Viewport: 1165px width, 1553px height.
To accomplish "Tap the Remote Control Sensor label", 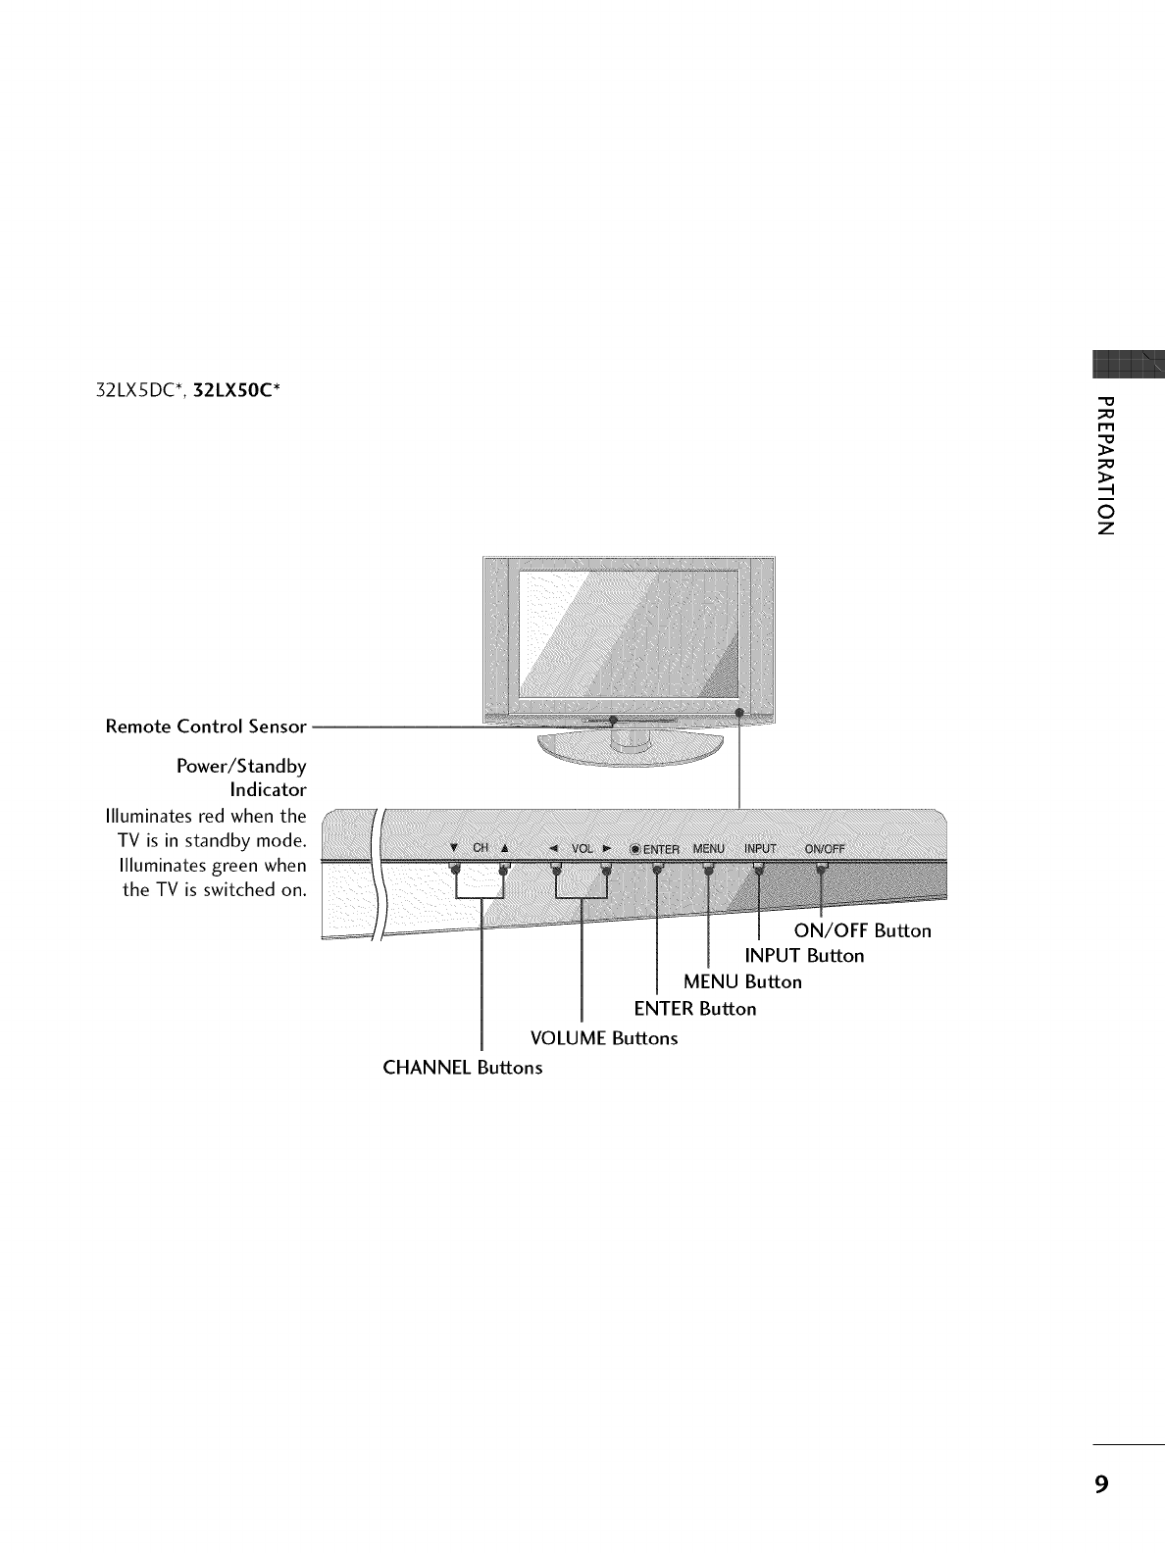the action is click(x=206, y=727).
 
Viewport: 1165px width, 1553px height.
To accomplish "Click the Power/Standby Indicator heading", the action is click(x=241, y=777).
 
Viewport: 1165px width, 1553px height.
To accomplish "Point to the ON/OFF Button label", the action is click(x=862, y=930).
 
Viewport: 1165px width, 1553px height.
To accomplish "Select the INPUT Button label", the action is click(x=804, y=956).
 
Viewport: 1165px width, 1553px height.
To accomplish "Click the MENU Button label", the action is click(x=742, y=982).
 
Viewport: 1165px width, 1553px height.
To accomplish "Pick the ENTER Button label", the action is click(x=695, y=1009).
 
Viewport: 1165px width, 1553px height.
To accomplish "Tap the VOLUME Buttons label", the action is click(x=603, y=1038).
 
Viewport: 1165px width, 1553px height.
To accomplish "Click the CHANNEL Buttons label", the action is click(x=462, y=1068).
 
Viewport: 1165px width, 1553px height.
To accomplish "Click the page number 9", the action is click(x=1102, y=1483).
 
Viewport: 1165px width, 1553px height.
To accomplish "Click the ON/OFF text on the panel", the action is click(x=824, y=849).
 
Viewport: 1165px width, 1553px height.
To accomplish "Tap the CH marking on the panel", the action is click(x=480, y=848).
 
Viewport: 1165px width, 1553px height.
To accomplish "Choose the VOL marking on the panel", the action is click(x=581, y=849).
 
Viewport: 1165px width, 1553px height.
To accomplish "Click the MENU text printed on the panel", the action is click(x=708, y=849).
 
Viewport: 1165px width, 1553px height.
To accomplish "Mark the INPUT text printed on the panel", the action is click(x=760, y=849).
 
